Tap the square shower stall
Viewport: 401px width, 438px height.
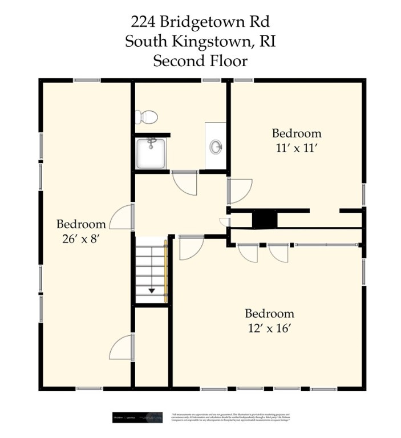[x=151, y=153]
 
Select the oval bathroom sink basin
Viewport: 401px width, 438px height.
[x=216, y=148]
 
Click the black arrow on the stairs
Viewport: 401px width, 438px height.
[x=152, y=290]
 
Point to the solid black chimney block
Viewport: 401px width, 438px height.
[x=264, y=218]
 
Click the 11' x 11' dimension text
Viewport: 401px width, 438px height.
[x=296, y=147]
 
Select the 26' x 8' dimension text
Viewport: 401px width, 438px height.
[x=80, y=238]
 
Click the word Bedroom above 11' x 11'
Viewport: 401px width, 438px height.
[x=296, y=133]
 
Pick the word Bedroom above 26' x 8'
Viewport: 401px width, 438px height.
[x=80, y=224]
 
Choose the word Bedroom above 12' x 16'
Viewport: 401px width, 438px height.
[x=269, y=313]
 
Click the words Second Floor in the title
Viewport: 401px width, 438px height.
[x=200, y=60]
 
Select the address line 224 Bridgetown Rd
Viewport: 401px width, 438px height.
[x=200, y=22]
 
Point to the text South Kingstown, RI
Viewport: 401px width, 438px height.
[x=200, y=41]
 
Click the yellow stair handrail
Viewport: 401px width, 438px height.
[x=166, y=271]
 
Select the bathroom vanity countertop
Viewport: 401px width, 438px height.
[x=216, y=145]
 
